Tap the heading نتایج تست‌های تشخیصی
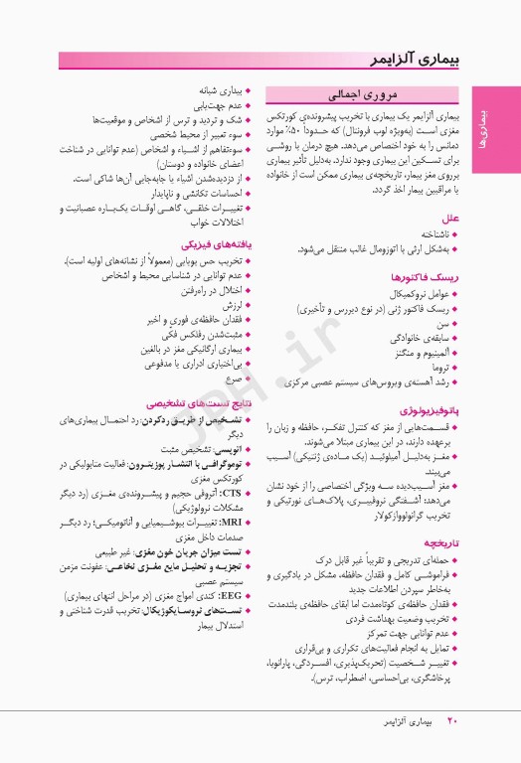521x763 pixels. (198, 404)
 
